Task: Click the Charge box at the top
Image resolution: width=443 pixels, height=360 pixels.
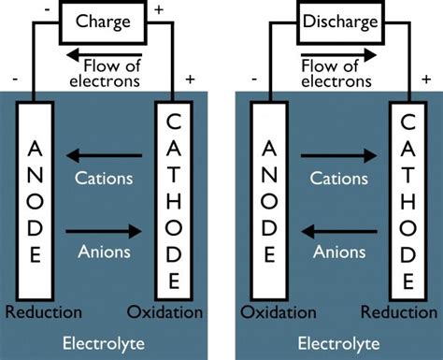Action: pyautogui.click(x=104, y=20)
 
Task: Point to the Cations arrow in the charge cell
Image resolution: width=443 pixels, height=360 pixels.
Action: pyautogui.click(x=104, y=158)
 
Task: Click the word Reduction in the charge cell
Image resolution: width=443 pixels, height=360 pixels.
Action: pyautogui.click(x=41, y=310)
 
